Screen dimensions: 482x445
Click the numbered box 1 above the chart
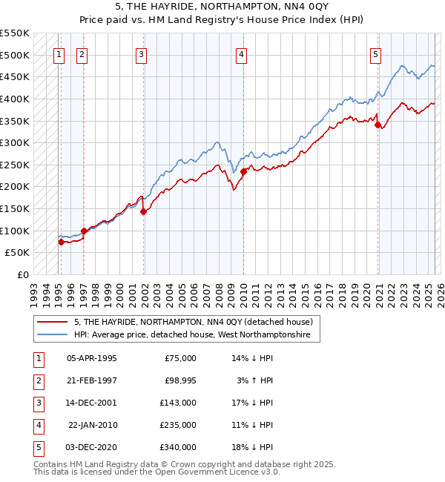point(59,53)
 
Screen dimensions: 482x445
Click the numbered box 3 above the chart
point(141,53)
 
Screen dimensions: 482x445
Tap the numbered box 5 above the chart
point(376,53)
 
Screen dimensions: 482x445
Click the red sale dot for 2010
point(243,171)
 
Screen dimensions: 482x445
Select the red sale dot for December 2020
point(378,125)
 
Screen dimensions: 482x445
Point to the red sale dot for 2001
point(144,211)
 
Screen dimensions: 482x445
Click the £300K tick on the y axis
point(15,142)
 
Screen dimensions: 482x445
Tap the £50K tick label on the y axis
point(18,253)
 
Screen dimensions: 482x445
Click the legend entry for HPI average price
point(197,335)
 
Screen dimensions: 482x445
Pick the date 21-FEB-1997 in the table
point(91,380)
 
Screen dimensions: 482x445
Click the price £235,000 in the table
point(178,425)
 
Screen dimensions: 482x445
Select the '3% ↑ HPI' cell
point(256,380)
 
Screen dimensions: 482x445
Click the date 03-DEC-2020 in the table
point(91,447)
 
